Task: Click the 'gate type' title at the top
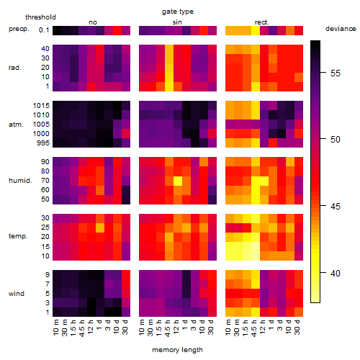178,12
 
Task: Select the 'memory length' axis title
177,350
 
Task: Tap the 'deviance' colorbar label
341,29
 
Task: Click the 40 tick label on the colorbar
336,273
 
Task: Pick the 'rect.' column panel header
262,22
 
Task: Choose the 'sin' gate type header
177,22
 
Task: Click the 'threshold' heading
40,17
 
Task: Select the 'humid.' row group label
20,181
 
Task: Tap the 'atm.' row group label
16,125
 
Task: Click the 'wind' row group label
17,294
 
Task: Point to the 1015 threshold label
41,106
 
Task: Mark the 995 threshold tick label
43,143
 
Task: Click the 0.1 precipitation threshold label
44,30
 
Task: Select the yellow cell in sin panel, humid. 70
178,181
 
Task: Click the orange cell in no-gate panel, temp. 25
100,228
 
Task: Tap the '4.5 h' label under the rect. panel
253,328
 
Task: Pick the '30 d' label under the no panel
125,327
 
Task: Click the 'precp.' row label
19,29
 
